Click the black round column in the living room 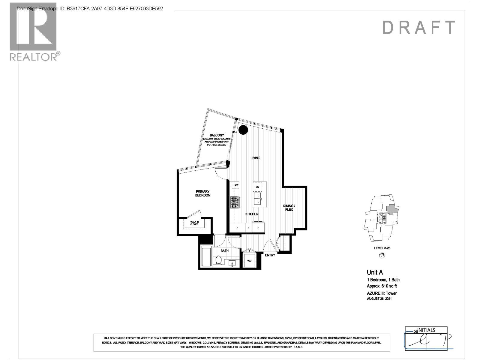(243, 130)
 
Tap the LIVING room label (255, 158)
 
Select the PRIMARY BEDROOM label (203, 193)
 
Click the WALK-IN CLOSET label (194, 223)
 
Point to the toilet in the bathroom (218, 259)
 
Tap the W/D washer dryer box (249, 260)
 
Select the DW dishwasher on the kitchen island (257, 187)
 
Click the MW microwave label (236, 185)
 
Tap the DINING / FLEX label (289, 208)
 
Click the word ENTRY (270, 255)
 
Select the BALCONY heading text (217, 136)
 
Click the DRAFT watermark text (419, 28)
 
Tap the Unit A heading (375, 272)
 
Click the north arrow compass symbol (382, 256)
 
